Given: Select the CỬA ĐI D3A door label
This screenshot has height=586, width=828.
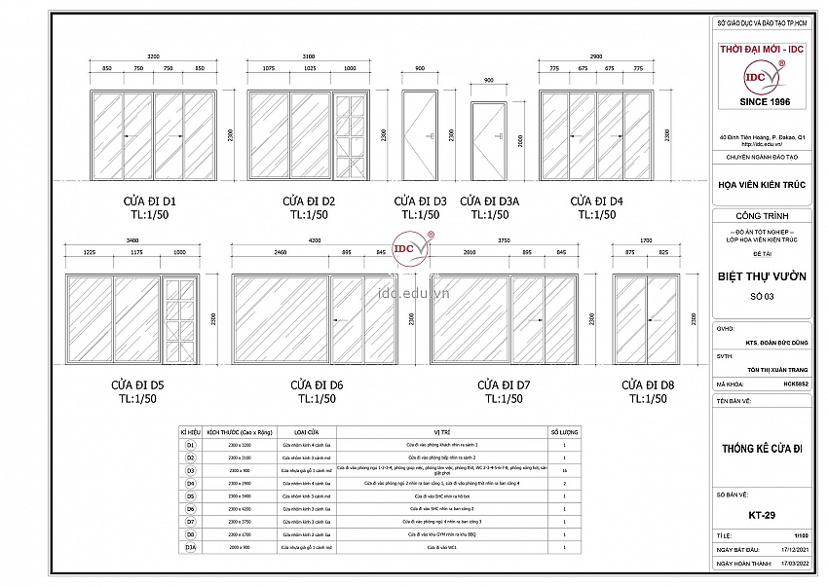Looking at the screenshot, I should (x=490, y=201).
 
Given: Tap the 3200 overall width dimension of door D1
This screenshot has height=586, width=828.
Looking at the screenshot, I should (x=153, y=56).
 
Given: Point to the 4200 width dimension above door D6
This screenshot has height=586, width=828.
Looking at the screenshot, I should (x=314, y=239).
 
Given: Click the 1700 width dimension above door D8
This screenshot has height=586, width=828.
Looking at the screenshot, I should (x=646, y=239).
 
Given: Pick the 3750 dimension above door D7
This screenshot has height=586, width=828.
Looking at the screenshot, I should (x=504, y=239).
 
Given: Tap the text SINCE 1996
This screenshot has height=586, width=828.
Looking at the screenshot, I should (x=764, y=101).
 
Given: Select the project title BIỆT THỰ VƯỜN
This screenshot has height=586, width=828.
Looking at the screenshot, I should (x=763, y=276).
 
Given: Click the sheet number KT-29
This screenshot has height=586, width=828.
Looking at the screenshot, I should (x=762, y=515).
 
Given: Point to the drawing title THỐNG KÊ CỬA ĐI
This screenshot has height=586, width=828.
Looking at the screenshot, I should (x=762, y=449).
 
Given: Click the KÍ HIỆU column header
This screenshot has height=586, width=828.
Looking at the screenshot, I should (x=191, y=430).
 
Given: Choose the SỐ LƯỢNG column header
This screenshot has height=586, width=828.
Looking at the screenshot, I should (x=565, y=430).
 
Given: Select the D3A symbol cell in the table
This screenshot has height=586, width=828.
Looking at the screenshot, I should (x=191, y=548).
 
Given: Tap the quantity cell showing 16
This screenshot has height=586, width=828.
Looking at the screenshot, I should (x=565, y=469).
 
